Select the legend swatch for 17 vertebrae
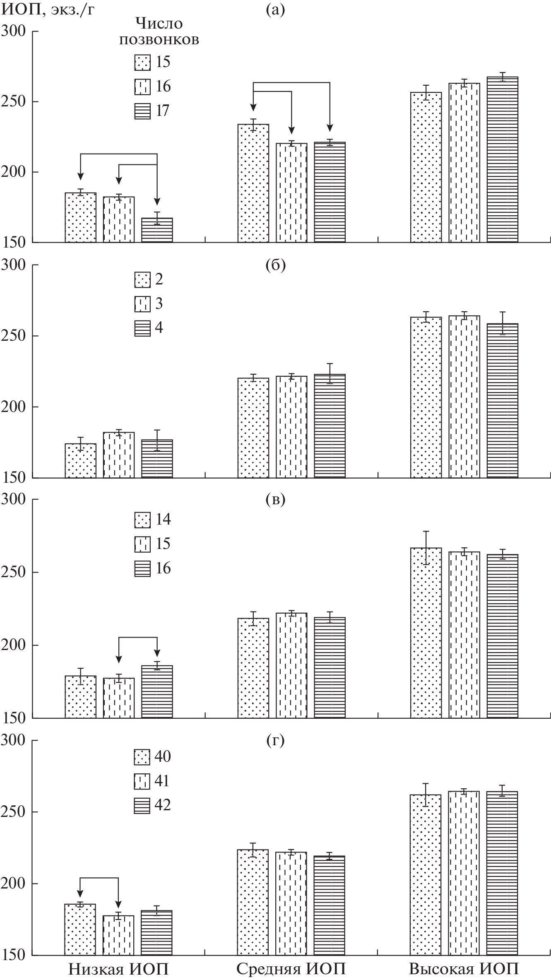coord(142,111)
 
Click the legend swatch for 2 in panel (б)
coord(142,280)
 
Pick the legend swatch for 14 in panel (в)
coord(142,520)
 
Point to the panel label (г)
coord(275,740)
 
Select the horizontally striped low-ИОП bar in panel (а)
coord(157,230)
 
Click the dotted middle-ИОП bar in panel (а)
coord(253,183)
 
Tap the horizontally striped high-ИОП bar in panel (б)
coord(502,400)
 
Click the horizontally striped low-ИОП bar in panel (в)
coord(157,691)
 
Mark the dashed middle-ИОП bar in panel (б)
coord(292,427)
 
